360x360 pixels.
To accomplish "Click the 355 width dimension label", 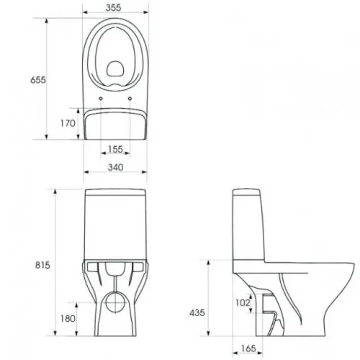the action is [x=113, y=8].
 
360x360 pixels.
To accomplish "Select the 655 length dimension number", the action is [x=38, y=80].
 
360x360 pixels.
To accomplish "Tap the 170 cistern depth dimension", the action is [x=68, y=123].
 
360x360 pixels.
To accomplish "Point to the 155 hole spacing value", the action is [x=115, y=149].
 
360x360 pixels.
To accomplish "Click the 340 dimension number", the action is [x=115, y=167].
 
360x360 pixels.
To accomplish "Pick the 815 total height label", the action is [x=42, y=265].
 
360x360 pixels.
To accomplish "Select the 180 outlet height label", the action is [x=68, y=319].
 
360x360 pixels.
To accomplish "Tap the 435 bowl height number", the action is [x=197, y=312].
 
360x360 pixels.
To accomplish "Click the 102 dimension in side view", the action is [x=243, y=302].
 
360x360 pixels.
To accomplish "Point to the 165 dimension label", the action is [x=248, y=348].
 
